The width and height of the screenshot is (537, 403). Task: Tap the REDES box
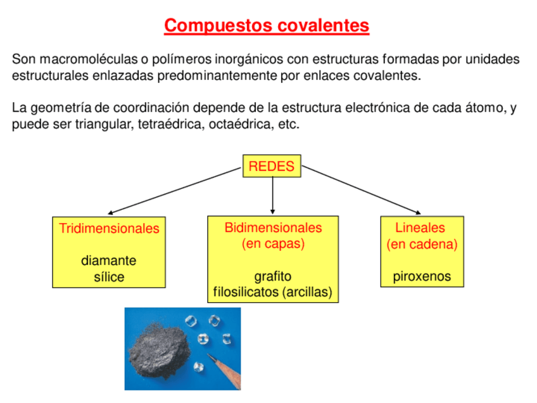[x=272, y=166]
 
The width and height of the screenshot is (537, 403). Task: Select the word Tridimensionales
[x=109, y=229]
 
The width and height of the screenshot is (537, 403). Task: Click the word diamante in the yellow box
[x=108, y=261]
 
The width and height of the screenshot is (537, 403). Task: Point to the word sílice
[x=109, y=277]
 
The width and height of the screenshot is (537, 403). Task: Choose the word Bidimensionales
[x=273, y=227]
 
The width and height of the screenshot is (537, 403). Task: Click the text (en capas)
[x=273, y=244]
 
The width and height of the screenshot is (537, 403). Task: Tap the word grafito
[x=273, y=276]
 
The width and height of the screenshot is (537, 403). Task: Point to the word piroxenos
[x=422, y=277]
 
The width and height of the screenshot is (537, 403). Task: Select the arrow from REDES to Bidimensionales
[x=272, y=195]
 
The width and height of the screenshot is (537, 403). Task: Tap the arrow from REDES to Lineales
[x=361, y=190]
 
